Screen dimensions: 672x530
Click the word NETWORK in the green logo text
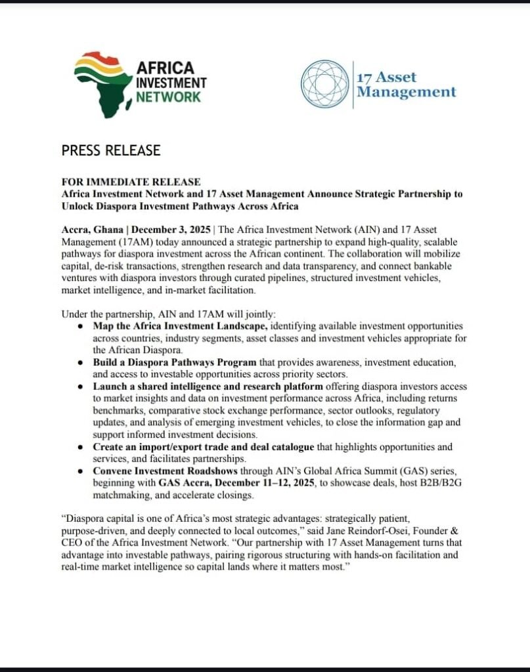pyautogui.click(x=167, y=97)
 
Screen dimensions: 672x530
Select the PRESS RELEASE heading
pyautogui.click(x=111, y=150)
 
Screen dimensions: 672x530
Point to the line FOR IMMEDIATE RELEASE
pyautogui.click(x=131, y=182)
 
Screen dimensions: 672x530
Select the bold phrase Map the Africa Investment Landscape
pyautogui.click(x=180, y=326)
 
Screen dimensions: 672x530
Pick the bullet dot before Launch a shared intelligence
pyautogui.click(x=80, y=387)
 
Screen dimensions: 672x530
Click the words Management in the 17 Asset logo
pyautogui.click(x=406, y=92)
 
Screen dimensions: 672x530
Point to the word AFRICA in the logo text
pyautogui.click(x=165, y=68)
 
